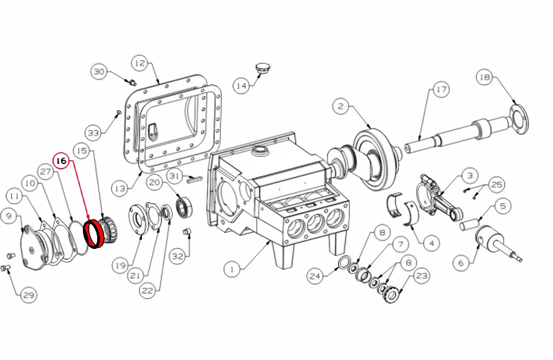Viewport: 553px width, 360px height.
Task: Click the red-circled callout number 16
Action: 61,161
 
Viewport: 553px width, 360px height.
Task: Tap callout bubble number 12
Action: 140,63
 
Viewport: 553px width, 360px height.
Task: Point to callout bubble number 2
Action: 341,106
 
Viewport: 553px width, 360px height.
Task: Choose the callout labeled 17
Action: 441,90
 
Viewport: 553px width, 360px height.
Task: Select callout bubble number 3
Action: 470,176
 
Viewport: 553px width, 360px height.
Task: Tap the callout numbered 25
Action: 497,185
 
